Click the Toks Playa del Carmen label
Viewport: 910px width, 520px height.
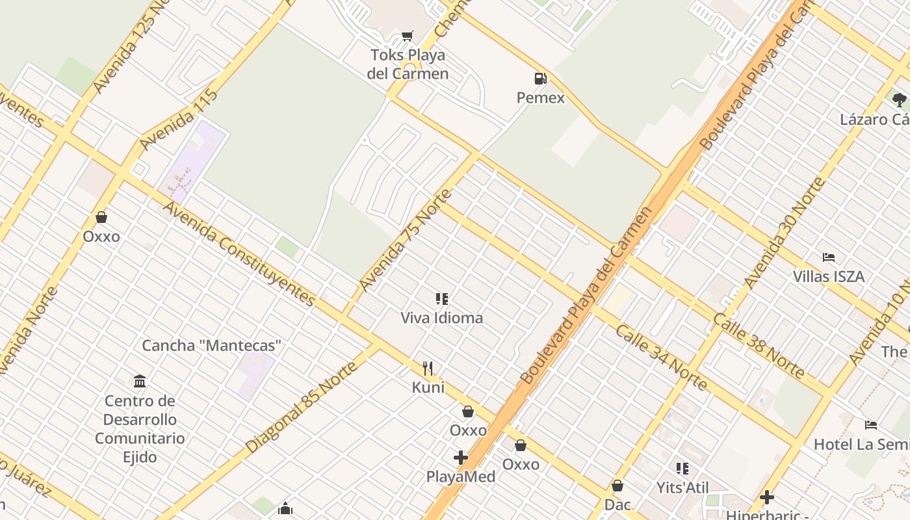[408, 64]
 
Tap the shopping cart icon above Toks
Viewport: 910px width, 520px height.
[408, 36]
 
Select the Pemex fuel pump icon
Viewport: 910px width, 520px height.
[540, 79]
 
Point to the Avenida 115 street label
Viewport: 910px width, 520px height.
[178, 119]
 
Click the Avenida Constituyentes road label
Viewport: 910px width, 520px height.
[239, 253]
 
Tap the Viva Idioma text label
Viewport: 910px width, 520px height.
[441, 318]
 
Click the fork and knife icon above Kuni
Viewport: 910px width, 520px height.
[428, 369]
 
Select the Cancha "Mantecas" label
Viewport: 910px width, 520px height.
[212, 345]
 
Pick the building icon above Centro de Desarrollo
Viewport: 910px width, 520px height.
[140, 381]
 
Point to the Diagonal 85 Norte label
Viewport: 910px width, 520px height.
[302, 407]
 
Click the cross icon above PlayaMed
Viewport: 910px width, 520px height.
[461, 458]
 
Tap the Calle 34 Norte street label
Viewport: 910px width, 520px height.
[661, 357]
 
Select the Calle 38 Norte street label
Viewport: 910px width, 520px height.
[759, 345]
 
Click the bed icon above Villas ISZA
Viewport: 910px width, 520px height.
[829, 257]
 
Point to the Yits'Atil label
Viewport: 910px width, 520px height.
[682, 487]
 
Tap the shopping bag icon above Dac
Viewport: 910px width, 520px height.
[617, 486]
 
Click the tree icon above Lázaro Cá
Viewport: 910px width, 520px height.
[900, 100]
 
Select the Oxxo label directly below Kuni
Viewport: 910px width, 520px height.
[468, 430]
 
